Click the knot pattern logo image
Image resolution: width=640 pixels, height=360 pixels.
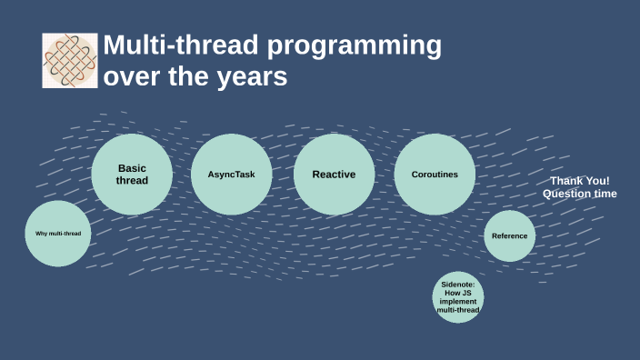(x=70, y=61)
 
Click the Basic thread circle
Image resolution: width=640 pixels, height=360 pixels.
(x=132, y=174)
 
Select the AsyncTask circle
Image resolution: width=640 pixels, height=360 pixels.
(x=231, y=174)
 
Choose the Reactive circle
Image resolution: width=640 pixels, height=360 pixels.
(x=334, y=174)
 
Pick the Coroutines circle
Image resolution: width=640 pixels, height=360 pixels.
(x=435, y=174)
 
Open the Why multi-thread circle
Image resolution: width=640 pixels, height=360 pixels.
(x=58, y=234)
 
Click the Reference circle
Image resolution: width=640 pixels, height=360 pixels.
(x=509, y=236)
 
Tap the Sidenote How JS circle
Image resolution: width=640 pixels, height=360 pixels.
(x=457, y=297)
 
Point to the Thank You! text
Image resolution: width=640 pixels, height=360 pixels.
(x=579, y=181)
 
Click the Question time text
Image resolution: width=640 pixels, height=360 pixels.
(x=579, y=194)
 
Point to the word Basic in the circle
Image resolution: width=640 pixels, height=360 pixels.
(x=132, y=168)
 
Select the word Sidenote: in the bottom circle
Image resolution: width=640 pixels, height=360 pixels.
(x=457, y=285)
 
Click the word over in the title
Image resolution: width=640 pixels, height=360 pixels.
(x=128, y=78)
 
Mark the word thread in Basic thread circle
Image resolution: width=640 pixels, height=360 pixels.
(x=132, y=180)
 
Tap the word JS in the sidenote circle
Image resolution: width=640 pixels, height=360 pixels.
(x=467, y=293)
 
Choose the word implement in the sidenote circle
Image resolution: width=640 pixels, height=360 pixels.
(x=457, y=302)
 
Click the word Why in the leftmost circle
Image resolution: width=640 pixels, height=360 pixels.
(x=41, y=234)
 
